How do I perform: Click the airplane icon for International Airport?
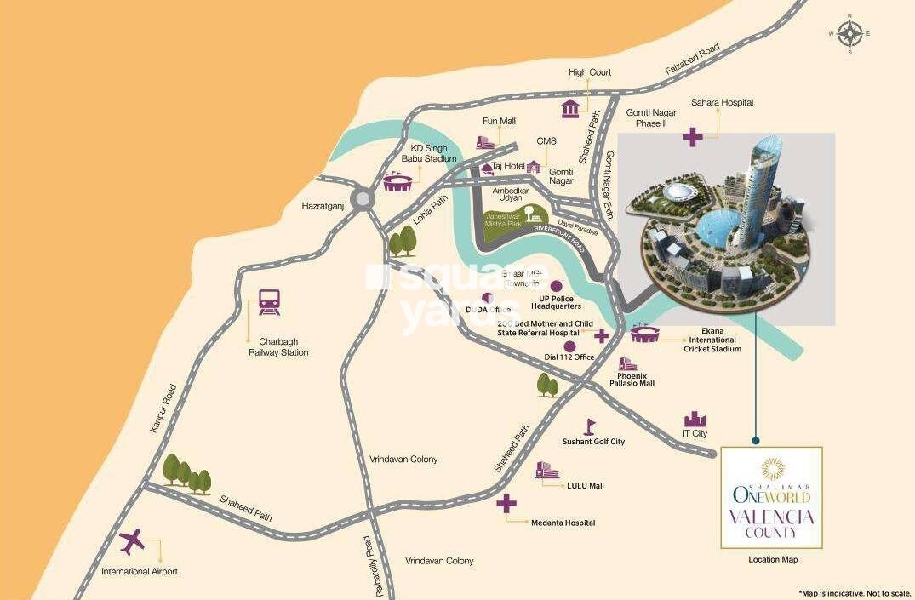coord(132,540)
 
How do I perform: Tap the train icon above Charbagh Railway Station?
coord(270,302)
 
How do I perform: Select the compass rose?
coord(849,35)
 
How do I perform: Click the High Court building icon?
coord(570,108)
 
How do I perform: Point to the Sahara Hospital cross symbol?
coord(692,136)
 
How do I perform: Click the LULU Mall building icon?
coord(546,471)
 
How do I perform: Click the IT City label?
coord(695,434)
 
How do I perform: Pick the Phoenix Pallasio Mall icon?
coord(628,363)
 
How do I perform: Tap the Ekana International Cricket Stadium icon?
coord(646,334)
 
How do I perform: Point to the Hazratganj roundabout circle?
coord(363,199)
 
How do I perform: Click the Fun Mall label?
coord(499,121)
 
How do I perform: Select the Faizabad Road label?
coord(691,59)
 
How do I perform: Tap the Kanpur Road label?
coord(163,408)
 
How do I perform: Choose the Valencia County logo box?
coord(771,498)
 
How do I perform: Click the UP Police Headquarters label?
coord(555,301)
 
